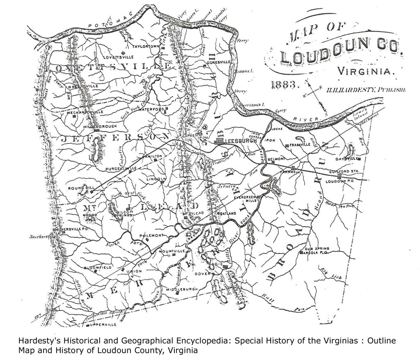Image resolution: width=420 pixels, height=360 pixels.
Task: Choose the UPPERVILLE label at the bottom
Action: tap(104, 324)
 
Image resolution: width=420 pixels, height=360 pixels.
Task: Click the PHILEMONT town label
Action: tap(152, 235)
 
